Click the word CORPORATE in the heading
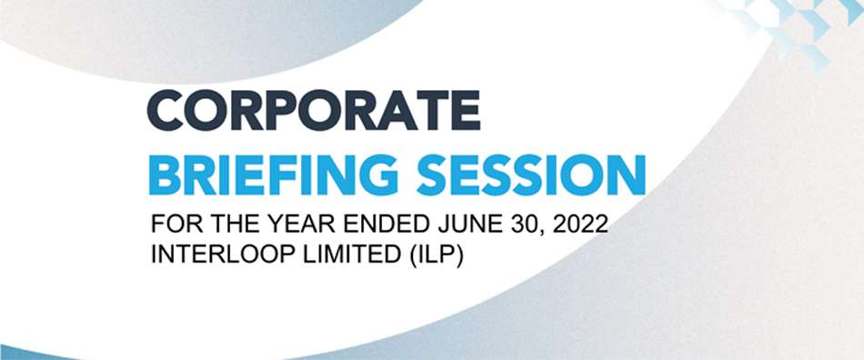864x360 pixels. coord(314,112)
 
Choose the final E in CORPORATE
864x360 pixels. coord(464,112)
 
